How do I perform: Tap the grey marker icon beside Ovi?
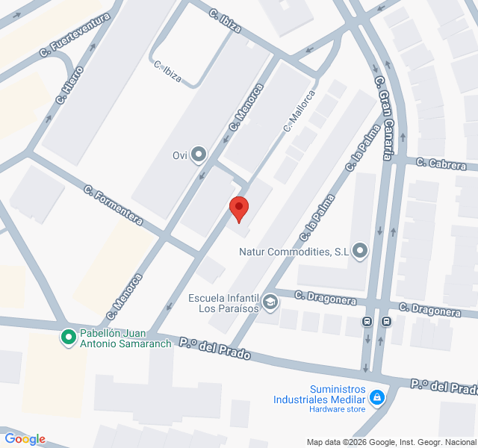pos(199,155)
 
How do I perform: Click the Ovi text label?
pos(179,155)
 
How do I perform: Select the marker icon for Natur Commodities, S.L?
pos(361,251)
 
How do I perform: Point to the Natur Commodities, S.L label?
pos(294,252)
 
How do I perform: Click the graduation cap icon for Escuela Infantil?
pos(270,302)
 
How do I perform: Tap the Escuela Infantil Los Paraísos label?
pos(223,302)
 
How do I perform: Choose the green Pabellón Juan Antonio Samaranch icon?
pos(69,337)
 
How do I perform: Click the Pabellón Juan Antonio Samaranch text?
pos(123,337)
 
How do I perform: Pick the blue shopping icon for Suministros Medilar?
pos(378,396)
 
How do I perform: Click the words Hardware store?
pos(338,408)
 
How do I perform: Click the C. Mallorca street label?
pos(299,111)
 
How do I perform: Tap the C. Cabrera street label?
pos(441,164)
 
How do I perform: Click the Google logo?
pos(25,439)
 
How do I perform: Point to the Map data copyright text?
pos(391,441)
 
